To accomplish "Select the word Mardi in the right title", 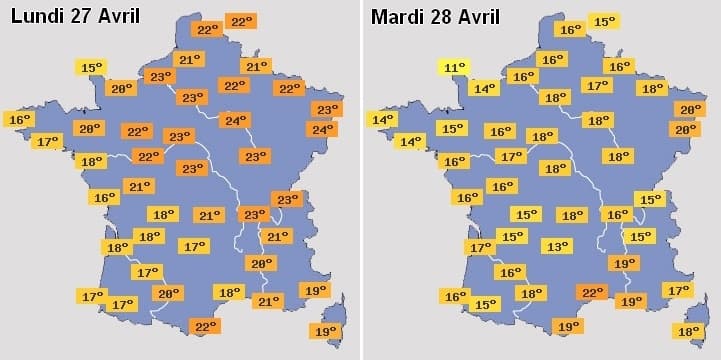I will point(399,17).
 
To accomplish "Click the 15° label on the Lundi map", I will point(91,68).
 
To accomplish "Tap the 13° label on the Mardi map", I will point(557,246).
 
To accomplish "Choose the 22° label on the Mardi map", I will point(592,292).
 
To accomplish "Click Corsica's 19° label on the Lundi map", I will point(325,331).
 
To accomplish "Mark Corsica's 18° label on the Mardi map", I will point(688,331).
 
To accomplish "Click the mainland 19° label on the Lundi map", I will point(315,291).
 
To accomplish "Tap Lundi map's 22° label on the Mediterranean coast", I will point(205,326).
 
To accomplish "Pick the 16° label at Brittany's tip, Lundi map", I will point(20,120).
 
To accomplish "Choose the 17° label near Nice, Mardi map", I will point(678,290).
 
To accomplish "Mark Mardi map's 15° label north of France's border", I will point(604,21).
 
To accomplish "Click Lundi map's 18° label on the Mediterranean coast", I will point(229,292).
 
